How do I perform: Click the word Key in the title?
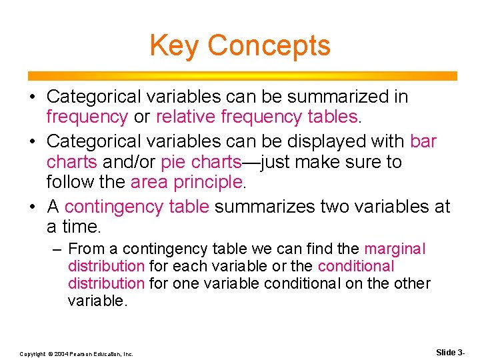pos(175,45)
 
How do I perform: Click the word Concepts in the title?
pos(269,45)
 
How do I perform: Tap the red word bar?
pos(423,141)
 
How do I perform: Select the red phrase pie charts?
pos(206,162)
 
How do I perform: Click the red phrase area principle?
pos(187,182)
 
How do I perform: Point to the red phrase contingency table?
pos(137,207)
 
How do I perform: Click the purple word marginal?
pos(394,249)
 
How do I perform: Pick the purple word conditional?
pos(356,266)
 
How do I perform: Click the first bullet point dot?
pos(32,97)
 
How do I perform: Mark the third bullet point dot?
pos(32,207)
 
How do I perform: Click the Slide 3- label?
pos(450,351)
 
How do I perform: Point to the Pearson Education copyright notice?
pos(76,353)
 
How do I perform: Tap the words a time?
pos(73,227)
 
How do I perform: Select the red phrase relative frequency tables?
pos(258,117)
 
